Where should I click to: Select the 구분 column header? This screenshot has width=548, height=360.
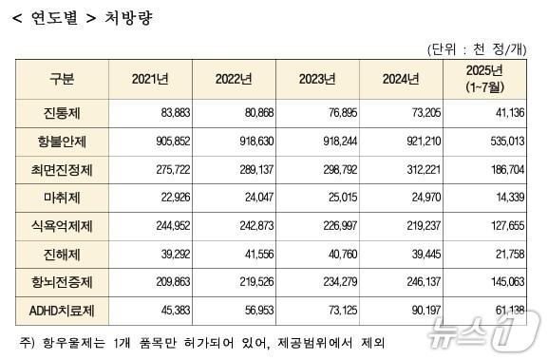click(x=62, y=79)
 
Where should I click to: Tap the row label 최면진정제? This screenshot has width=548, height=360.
click(x=62, y=171)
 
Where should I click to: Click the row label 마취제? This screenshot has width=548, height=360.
click(x=62, y=199)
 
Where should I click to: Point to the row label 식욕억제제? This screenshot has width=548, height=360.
click(x=62, y=226)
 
